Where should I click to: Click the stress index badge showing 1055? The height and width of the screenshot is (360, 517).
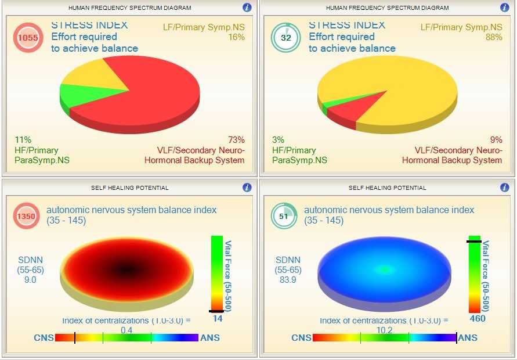point(28,37)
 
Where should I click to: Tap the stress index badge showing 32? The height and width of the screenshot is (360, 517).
point(285,37)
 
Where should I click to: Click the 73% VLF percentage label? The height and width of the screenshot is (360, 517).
point(236,140)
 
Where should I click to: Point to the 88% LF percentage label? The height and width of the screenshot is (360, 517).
point(494,37)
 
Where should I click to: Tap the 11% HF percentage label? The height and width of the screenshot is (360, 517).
point(23,140)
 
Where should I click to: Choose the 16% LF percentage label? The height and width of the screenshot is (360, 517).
point(236,37)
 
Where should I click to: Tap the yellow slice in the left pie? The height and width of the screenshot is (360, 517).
point(99,78)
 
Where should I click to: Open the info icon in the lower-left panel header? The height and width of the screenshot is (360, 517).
point(247,188)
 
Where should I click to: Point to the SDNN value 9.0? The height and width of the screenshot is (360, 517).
point(30,279)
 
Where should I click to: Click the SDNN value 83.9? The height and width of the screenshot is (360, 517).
point(288,279)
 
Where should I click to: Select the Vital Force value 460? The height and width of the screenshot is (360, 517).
point(477,318)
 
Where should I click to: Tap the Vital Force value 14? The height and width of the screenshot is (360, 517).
point(218,318)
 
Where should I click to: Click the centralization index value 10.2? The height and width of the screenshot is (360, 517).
point(384,330)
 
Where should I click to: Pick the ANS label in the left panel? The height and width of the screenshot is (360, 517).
point(209,338)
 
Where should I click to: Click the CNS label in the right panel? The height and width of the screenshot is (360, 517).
point(301,338)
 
